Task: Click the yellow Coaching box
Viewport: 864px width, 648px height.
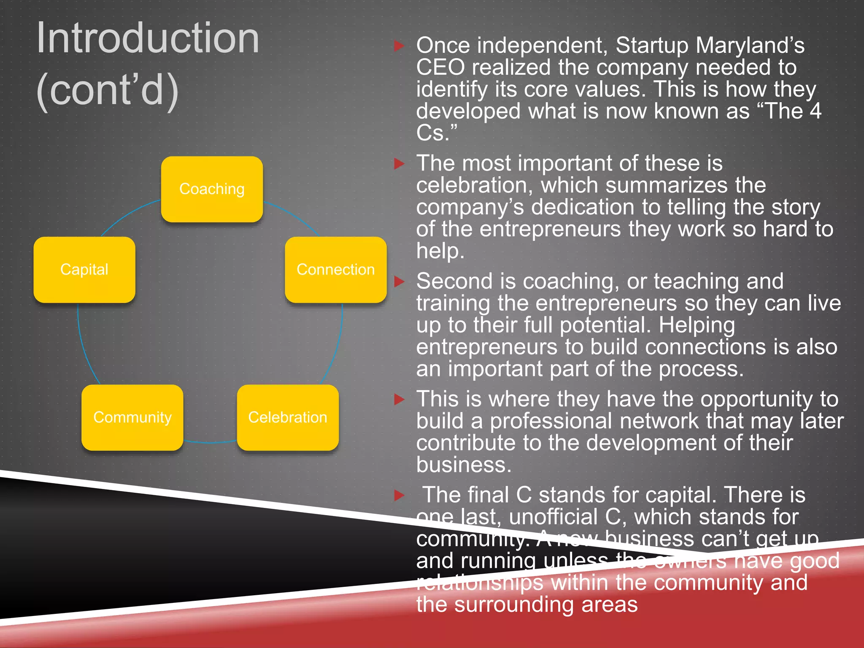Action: [212, 189]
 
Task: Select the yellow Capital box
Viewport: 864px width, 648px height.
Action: [84, 270]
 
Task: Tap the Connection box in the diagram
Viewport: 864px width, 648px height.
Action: [335, 270]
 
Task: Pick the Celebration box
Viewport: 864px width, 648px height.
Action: [288, 417]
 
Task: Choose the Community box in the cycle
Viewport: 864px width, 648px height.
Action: [132, 417]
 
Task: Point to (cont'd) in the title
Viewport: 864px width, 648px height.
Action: [108, 89]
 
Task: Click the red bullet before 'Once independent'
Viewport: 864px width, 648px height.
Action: [399, 46]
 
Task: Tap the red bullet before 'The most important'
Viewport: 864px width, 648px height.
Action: [399, 163]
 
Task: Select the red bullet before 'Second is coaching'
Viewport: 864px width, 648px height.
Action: [399, 281]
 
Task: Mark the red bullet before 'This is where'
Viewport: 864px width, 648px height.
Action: [399, 399]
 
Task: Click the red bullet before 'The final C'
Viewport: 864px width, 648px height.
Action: [399, 495]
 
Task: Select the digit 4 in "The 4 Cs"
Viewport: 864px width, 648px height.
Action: [815, 111]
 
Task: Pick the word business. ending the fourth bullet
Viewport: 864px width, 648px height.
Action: [464, 465]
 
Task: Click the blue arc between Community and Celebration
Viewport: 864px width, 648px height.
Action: [210, 443]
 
